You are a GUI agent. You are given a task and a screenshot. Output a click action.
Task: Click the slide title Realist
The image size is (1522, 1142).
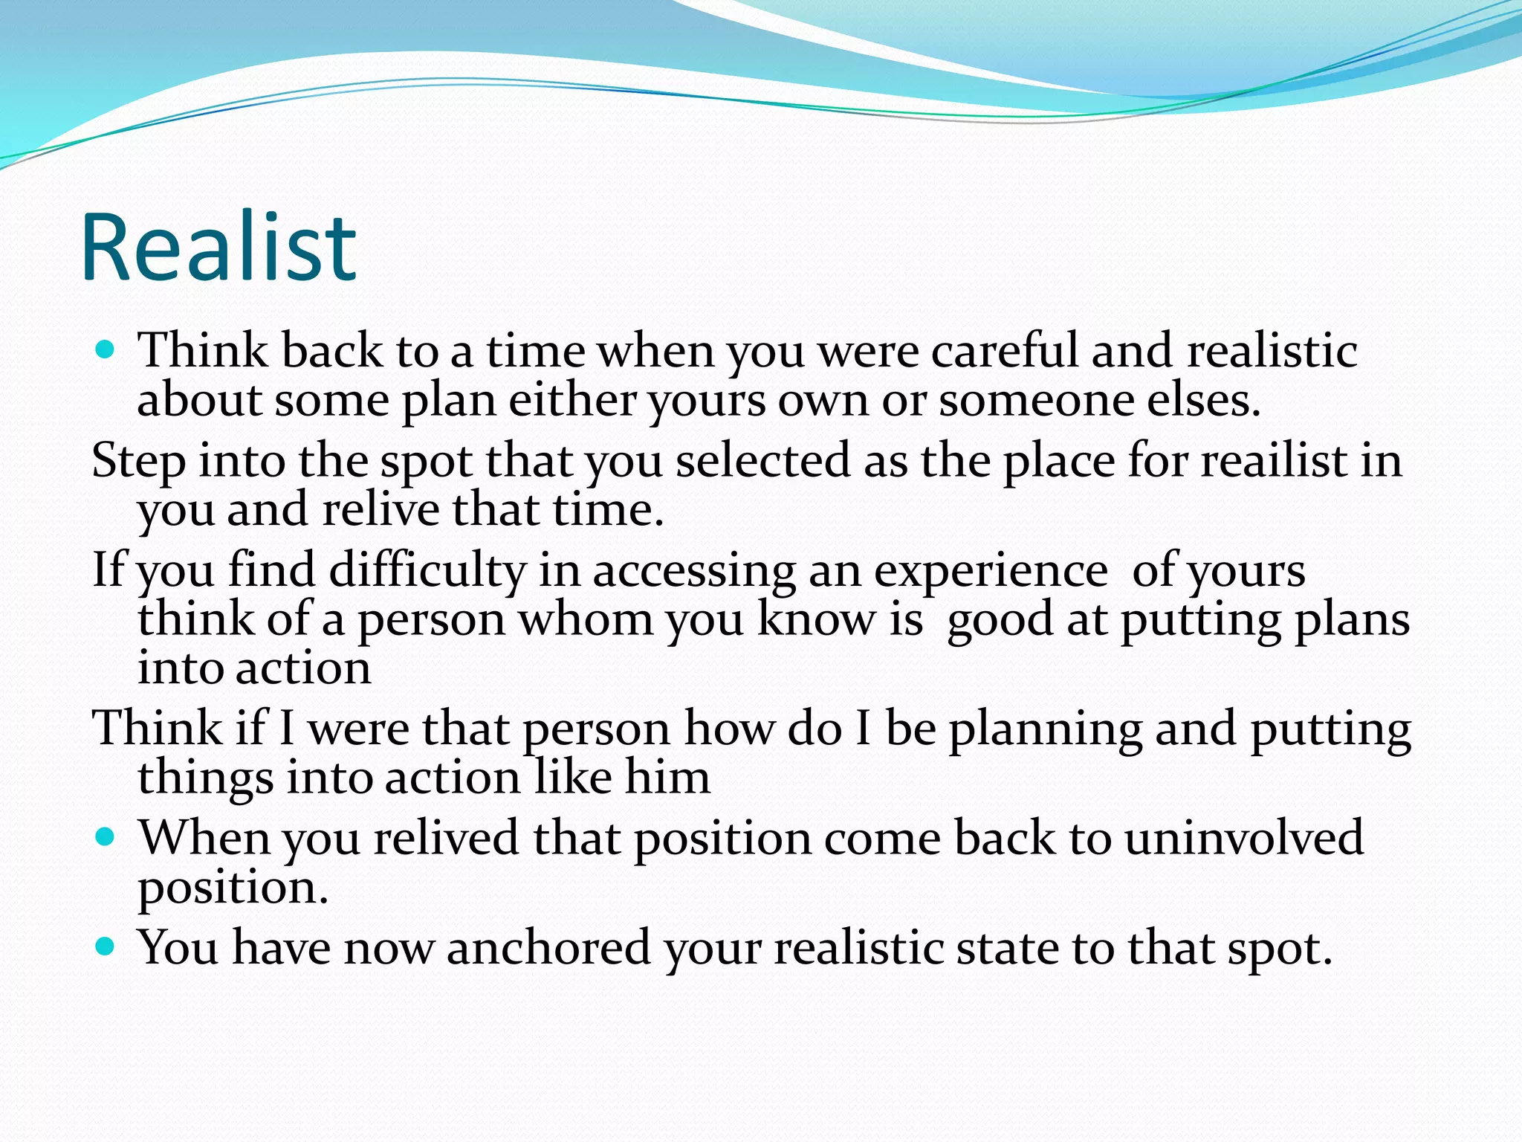pos(219,248)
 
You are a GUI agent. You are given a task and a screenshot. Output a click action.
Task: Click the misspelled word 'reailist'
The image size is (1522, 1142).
pos(1274,459)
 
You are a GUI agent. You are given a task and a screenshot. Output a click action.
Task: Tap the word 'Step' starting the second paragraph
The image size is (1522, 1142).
pos(138,461)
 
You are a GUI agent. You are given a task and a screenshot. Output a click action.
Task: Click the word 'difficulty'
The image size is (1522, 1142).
pos(427,571)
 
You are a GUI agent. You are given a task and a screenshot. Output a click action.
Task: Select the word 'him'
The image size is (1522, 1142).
pos(667,777)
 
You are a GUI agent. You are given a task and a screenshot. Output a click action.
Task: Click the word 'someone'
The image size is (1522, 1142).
pos(1037,400)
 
